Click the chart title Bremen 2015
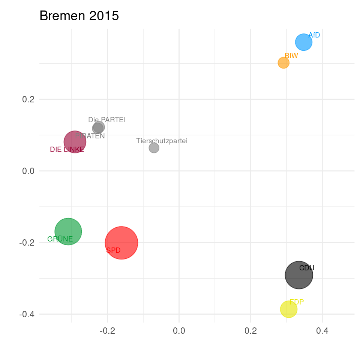(x=79, y=16)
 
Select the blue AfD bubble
(x=304, y=42)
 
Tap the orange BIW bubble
(x=283, y=63)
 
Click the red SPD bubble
(x=121, y=243)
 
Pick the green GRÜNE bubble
(x=68, y=231)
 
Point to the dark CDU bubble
(x=299, y=275)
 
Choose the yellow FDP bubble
(x=288, y=309)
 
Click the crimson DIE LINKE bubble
(x=75, y=142)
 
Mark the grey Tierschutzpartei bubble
(x=154, y=148)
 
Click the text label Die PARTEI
(x=107, y=120)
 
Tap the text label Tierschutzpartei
(x=162, y=141)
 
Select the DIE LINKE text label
(x=67, y=150)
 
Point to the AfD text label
(x=314, y=35)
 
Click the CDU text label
(x=307, y=268)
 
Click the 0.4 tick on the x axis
(x=322, y=331)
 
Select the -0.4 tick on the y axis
(x=27, y=314)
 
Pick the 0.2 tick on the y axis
(x=28, y=99)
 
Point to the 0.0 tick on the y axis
(x=28, y=171)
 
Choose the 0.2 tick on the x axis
(x=250, y=331)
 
